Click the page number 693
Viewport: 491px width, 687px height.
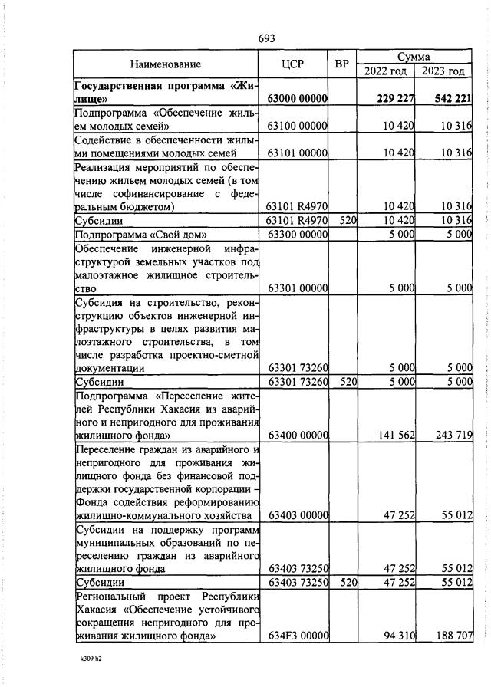point(266,38)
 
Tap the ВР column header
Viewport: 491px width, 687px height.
point(342,64)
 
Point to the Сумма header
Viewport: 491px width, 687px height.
point(414,57)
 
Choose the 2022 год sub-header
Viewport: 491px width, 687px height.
point(385,71)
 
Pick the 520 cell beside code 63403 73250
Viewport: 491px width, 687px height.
point(348,583)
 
